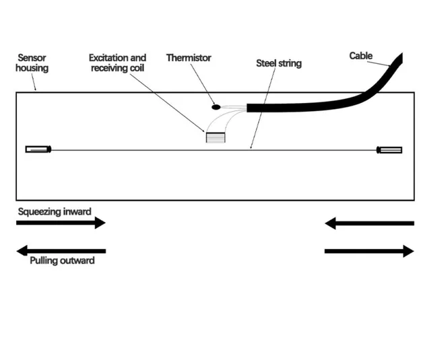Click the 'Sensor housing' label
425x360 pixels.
coord(32,63)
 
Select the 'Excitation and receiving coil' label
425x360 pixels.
coord(118,63)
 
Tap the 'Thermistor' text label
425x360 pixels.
coord(189,59)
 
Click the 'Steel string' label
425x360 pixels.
coord(279,63)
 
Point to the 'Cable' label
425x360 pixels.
coord(361,56)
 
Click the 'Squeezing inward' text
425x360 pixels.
coord(55,211)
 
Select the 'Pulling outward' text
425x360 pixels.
coord(62,260)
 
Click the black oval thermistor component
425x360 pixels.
coord(216,106)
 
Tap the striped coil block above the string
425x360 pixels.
coord(216,138)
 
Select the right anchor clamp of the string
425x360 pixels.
coord(390,149)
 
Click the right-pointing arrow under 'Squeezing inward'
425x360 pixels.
coord(61,223)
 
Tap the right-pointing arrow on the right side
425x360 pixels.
coord(369,251)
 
